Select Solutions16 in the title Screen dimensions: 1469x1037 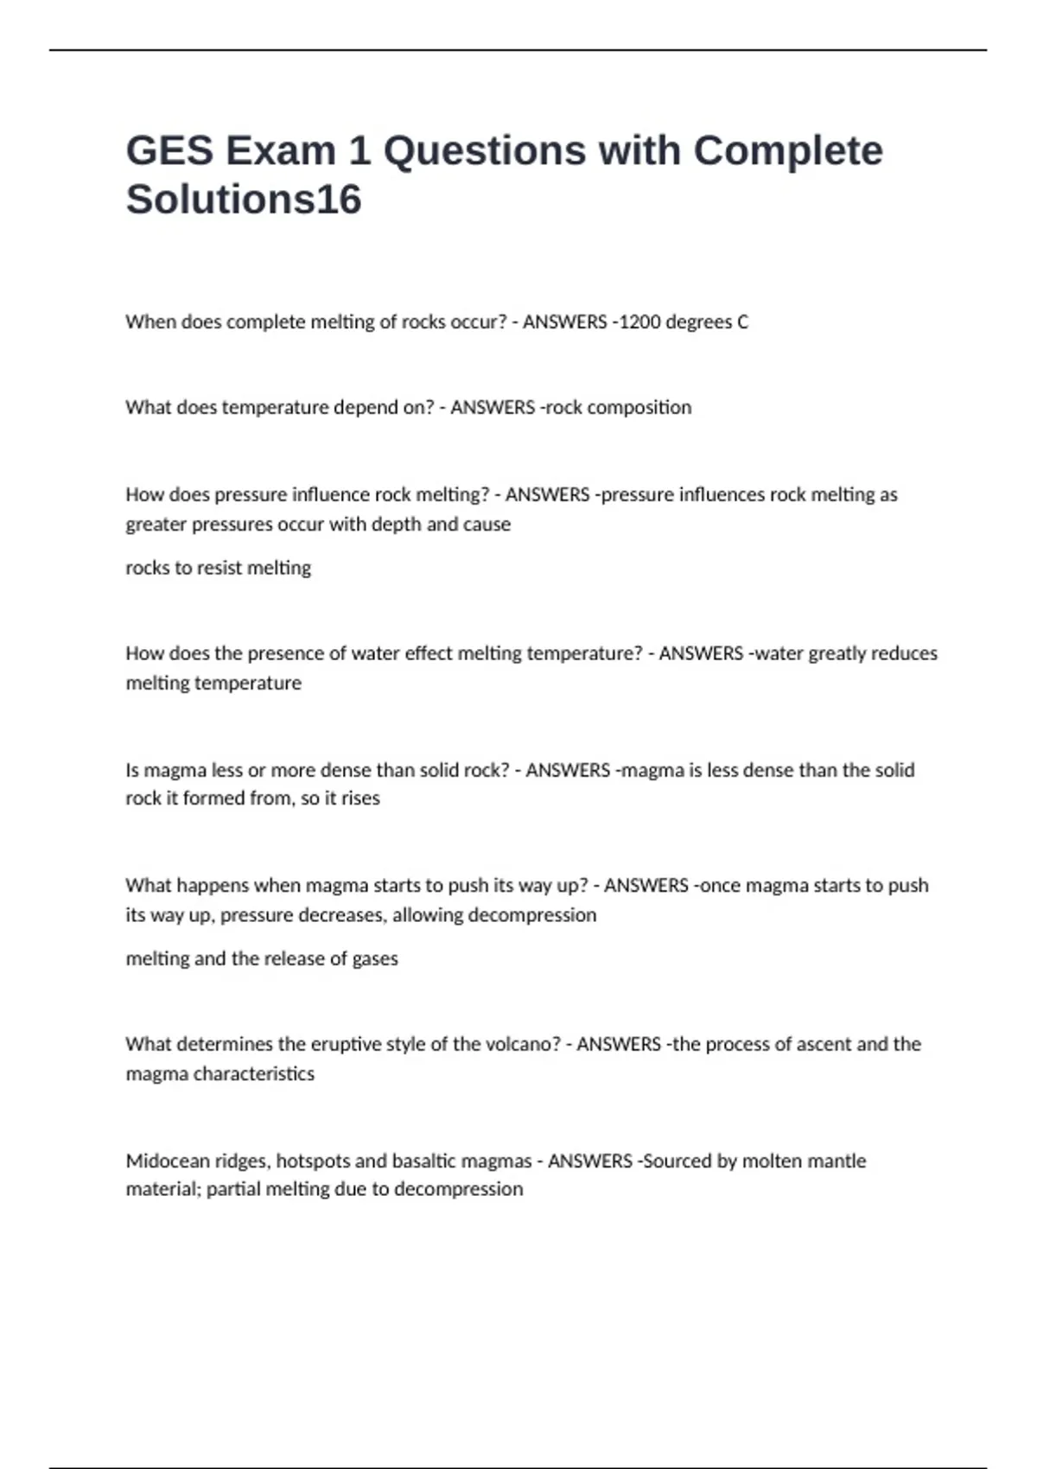click(x=244, y=200)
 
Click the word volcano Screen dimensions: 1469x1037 click(x=521, y=1044)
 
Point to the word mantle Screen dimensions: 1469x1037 click(x=837, y=1161)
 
